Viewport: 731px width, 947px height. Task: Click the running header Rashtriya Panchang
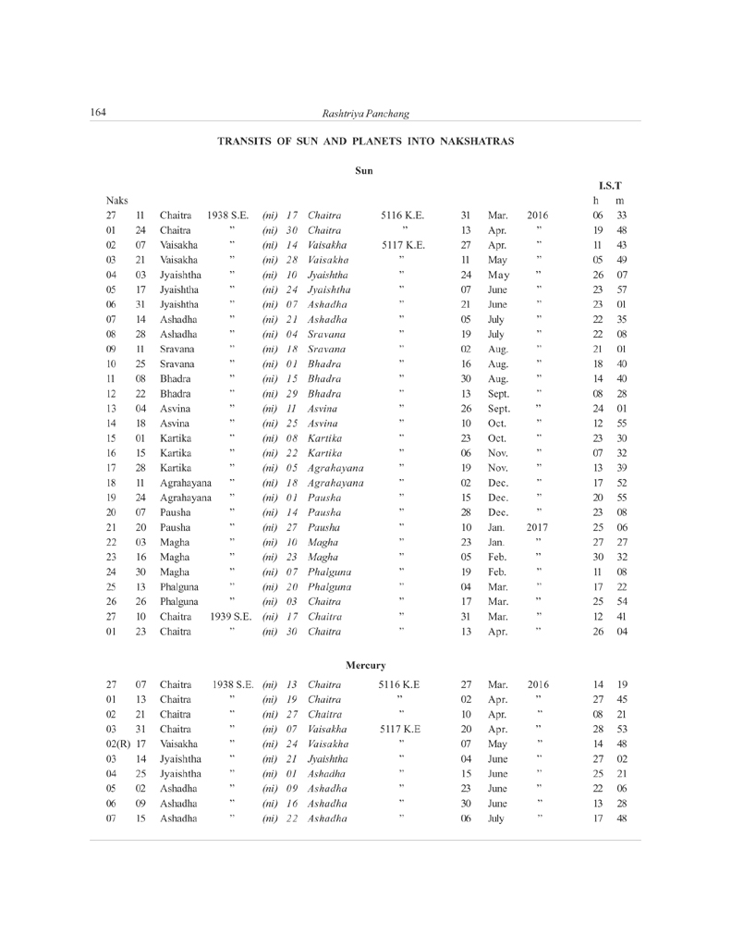click(365, 113)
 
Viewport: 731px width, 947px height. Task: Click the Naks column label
click(116, 200)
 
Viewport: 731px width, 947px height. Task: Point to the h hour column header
click(596, 201)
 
